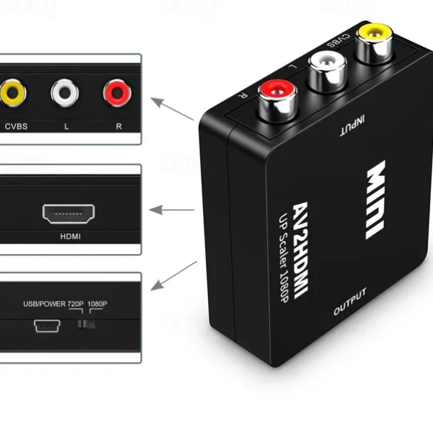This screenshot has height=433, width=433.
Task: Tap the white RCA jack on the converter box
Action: [x=327, y=72]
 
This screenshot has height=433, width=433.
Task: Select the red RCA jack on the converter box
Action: [x=278, y=101]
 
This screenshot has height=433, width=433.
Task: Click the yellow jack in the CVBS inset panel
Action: [x=13, y=93]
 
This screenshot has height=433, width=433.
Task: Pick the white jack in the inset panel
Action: [x=65, y=93]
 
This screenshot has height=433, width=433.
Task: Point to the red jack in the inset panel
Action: [x=117, y=93]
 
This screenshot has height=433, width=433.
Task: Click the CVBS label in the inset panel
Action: [x=16, y=126]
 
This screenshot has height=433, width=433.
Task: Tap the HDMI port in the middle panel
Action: [x=68, y=214]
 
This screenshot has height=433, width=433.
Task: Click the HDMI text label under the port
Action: [x=70, y=236]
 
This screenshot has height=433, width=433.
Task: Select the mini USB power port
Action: [x=47, y=326]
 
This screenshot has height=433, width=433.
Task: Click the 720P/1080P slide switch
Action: [x=87, y=324]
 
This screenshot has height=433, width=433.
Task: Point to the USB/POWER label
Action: [x=44, y=304]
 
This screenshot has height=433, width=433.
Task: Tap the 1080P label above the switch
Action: [x=97, y=304]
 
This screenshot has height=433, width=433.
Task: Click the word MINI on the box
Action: [x=376, y=199]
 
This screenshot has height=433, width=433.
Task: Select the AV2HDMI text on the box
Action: [x=300, y=250]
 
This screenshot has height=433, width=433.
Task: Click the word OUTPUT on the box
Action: [x=350, y=302]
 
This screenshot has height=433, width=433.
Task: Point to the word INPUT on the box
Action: [x=352, y=126]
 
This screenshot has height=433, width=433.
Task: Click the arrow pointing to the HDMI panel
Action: [x=172, y=210]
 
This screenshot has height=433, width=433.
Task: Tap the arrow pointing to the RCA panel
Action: [x=172, y=109]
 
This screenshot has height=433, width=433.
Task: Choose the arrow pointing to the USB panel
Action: [x=174, y=275]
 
